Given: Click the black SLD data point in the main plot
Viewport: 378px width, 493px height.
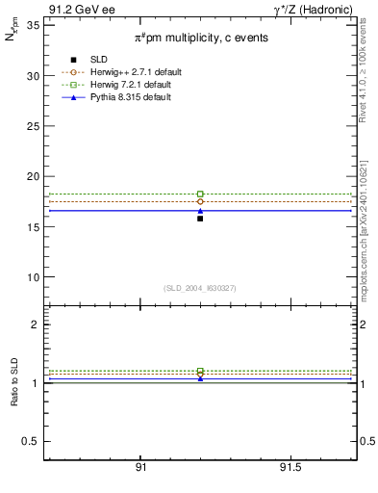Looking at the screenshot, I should pyautogui.click(x=200, y=219).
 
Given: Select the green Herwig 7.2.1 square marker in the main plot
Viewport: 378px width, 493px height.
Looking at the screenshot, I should pyautogui.click(x=200, y=194).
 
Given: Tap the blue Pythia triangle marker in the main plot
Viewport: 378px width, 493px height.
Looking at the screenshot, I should pyautogui.click(x=200, y=210).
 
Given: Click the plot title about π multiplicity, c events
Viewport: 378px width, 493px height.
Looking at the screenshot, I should pyautogui.click(x=200, y=38).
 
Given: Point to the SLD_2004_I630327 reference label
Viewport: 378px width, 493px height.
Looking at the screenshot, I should pyautogui.click(x=200, y=288).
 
